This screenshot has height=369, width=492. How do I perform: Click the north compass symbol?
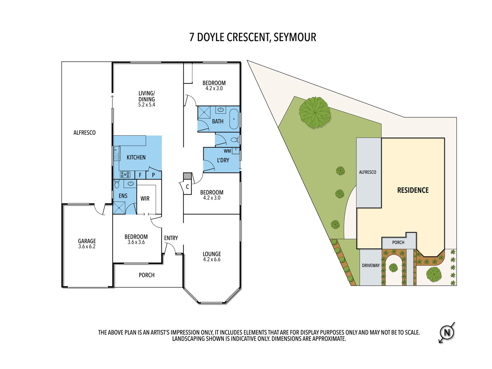[447, 332]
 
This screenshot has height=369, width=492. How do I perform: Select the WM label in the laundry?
[227, 151]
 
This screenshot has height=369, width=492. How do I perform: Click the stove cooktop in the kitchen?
[125, 175]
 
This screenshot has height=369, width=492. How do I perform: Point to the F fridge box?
[140, 175]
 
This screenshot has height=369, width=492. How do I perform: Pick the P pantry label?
[153, 175]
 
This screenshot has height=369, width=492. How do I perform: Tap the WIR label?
[145, 199]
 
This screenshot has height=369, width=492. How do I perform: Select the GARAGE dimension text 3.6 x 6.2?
[87, 247]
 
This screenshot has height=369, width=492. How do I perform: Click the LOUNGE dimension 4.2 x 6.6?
[212, 259]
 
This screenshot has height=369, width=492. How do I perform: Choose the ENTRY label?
[171, 238]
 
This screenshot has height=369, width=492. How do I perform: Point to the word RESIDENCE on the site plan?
[413, 190]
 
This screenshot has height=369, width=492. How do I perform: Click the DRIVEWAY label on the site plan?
[371, 265]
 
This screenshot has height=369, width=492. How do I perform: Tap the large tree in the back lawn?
[315, 113]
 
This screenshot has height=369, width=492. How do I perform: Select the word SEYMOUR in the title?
[295, 37]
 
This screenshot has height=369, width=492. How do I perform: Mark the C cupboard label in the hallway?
[187, 187]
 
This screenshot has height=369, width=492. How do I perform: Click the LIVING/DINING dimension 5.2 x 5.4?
[147, 105]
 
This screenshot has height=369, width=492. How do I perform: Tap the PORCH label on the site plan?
[398, 242]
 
